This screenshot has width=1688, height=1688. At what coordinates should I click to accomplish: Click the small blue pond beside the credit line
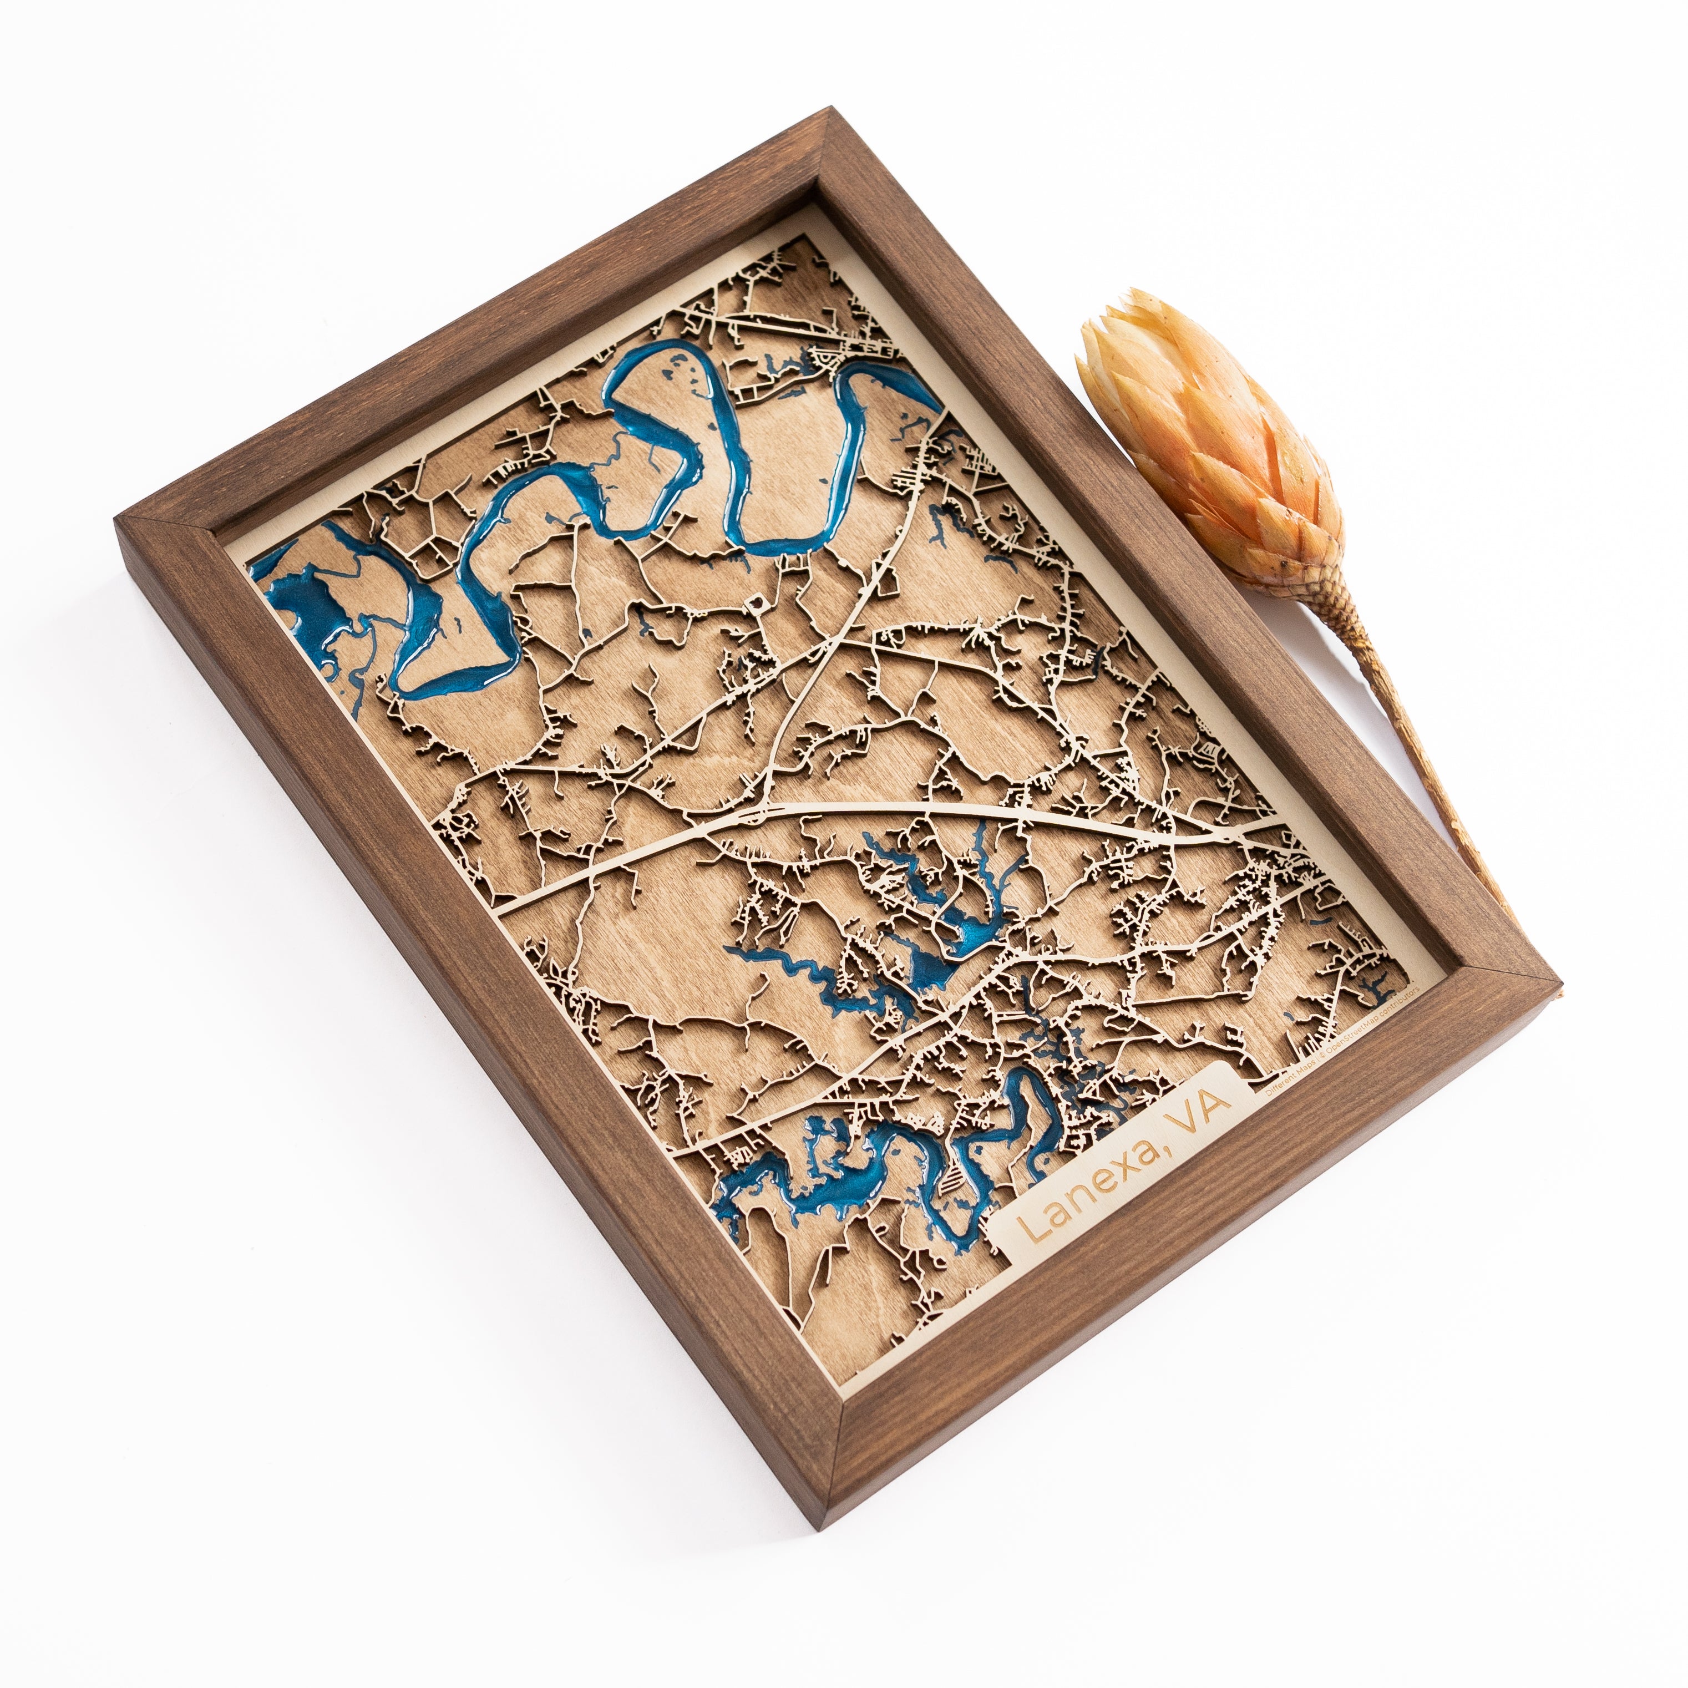point(1372,988)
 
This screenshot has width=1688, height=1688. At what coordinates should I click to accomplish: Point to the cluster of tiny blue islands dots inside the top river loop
point(677,376)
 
